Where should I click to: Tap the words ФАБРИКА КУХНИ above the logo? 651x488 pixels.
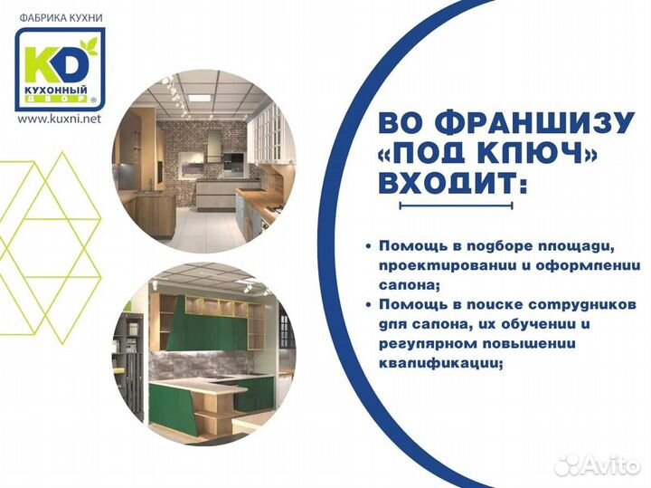point(59,15)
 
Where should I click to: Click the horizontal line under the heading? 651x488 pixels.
point(458,206)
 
